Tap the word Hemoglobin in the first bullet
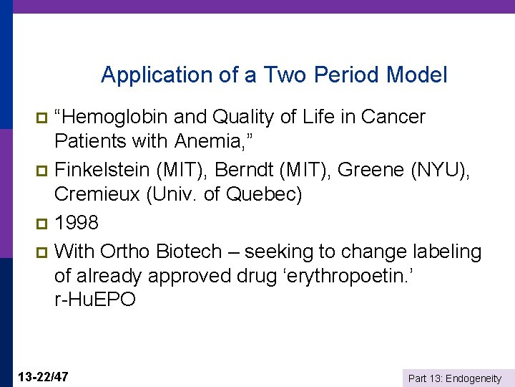point(115,117)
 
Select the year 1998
point(77,223)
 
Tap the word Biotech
point(190,252)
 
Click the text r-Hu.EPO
point(94,300)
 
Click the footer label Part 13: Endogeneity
point(454,378)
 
